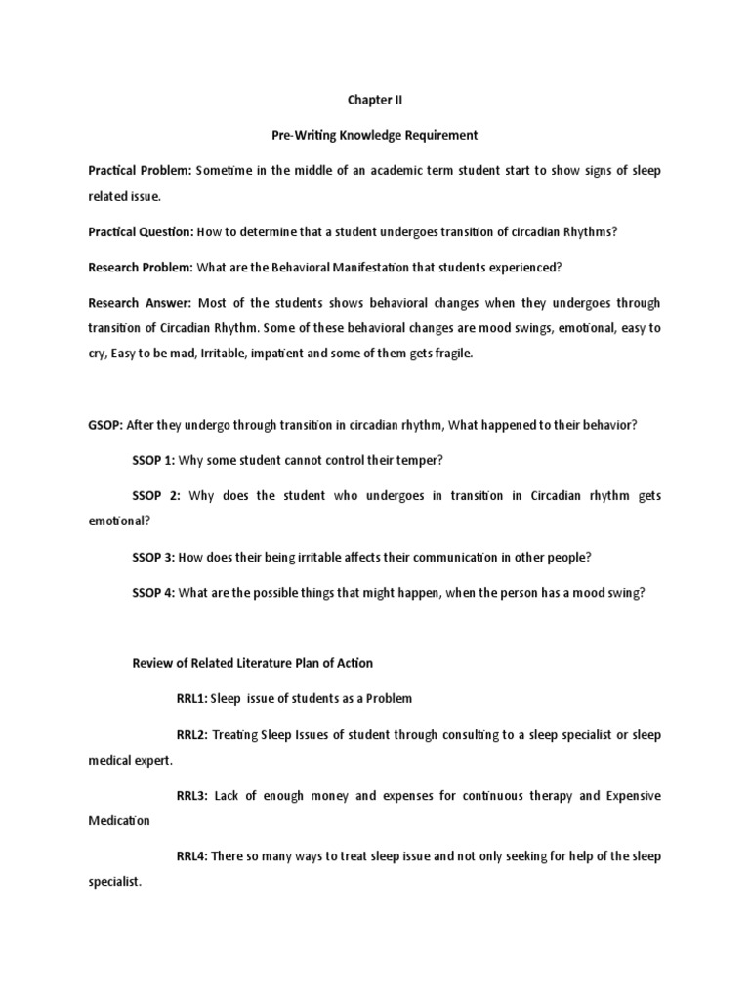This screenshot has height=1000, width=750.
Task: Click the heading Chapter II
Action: click(374, 99)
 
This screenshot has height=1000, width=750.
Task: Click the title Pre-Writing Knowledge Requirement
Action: click(374, 135)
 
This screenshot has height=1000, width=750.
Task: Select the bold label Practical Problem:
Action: click(140, 171)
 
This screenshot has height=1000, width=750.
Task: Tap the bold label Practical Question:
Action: click(141, 233)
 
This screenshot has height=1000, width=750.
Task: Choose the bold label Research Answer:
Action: click(138, 303)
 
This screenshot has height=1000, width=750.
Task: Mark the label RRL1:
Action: click(192, 698)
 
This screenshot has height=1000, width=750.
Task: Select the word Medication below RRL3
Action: click(119, 821)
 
